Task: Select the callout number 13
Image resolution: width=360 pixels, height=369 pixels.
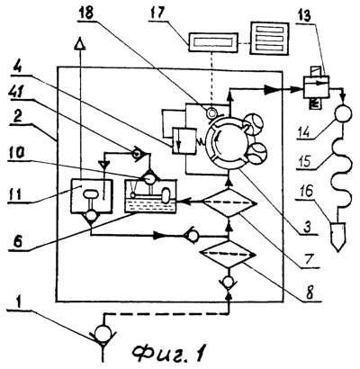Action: [x=305, y=15]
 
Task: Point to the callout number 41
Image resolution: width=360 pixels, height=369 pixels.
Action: [x=17, y=93]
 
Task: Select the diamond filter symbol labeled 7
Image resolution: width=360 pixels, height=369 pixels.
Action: [x=229, y=202]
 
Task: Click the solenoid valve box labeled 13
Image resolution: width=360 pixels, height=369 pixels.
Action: [x=316, y=86]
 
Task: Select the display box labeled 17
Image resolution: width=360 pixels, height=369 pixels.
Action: [x=212, y=42]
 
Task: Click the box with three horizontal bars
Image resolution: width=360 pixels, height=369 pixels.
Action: [x=270, y=39]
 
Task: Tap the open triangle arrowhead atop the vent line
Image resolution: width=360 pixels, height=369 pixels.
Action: [x=81, y=43]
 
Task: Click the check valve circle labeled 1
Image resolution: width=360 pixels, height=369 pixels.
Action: [x=103, y=333]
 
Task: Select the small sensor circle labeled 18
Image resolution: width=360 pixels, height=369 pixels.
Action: [x=213, y=113]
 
